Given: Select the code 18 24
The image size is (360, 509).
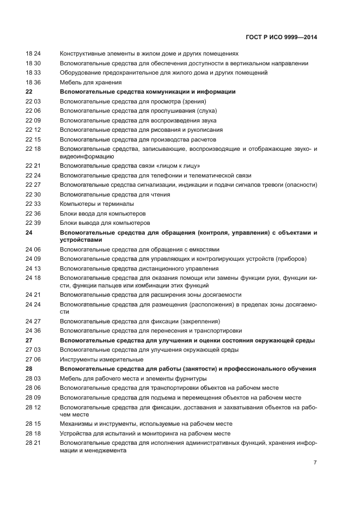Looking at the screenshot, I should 33,54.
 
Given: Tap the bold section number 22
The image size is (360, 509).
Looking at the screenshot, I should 29,92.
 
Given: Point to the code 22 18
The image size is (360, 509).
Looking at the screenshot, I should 33,149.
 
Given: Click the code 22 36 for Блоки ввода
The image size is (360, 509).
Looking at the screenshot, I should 33,213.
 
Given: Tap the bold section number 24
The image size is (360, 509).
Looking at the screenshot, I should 29,232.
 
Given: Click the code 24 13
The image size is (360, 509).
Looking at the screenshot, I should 33,268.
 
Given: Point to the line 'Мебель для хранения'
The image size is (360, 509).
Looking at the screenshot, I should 87,82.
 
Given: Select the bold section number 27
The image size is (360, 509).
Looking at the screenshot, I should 29,340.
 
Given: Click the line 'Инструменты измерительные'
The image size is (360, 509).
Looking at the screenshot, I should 101,359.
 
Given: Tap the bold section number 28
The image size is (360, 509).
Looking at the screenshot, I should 29,369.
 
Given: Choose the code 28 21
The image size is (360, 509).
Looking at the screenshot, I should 33,443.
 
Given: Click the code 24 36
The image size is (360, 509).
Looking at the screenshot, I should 33,330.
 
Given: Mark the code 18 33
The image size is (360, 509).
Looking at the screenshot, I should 33,73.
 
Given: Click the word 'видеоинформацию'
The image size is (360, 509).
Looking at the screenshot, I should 86,156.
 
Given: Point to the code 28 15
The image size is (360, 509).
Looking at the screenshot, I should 33,424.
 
